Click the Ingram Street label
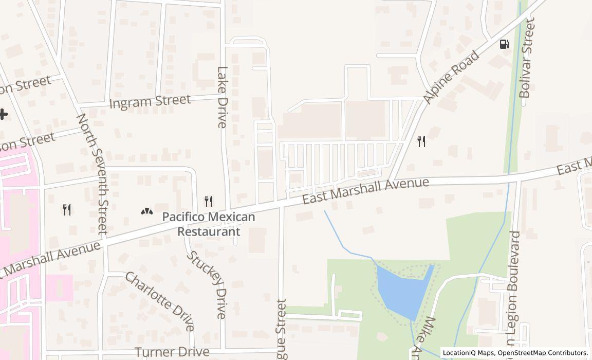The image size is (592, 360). [150, 101]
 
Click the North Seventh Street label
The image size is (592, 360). [92, 173]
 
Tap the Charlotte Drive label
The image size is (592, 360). [160, 301]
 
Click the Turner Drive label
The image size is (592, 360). [172, 352]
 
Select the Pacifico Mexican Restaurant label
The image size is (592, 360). [209, 224]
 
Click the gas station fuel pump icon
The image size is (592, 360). [504, 44]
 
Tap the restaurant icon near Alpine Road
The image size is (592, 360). [421, 141]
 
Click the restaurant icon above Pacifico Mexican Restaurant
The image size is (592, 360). [209, 201]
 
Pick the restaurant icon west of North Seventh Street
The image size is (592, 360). [67, 209]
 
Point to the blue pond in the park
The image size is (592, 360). [403, 291]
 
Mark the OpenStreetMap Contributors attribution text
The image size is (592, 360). [544, 353]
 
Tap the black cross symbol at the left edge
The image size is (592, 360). [3, 114]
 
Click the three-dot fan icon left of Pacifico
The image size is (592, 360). [146, 211]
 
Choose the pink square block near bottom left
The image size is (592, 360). [59, 287]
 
